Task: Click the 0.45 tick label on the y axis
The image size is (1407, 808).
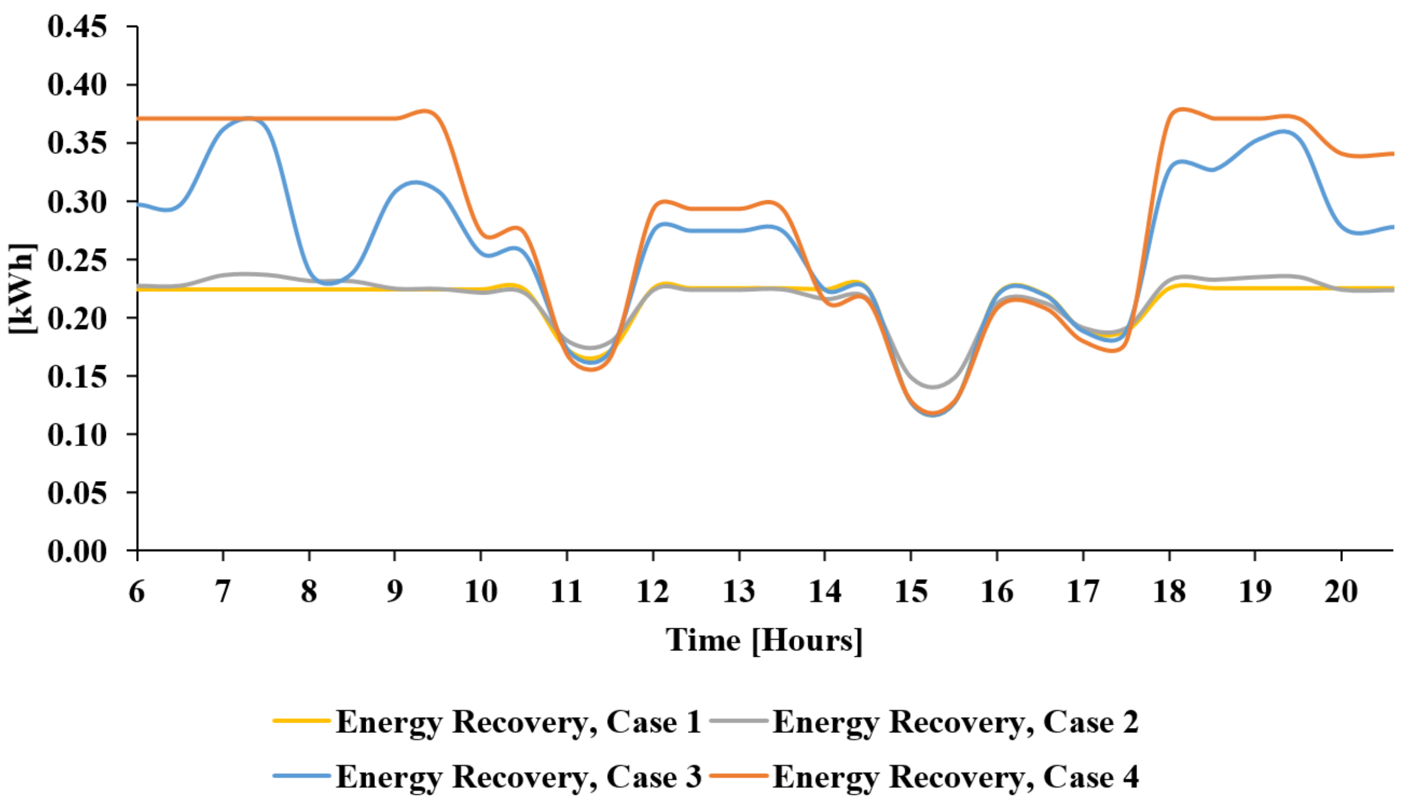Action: pos(77,26)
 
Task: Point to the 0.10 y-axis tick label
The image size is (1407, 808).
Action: pos(77,434)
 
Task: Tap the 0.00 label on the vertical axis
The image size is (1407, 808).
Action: pos(77,551)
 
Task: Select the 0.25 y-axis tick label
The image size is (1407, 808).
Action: pos(77,260)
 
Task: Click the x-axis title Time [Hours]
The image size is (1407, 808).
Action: pos(764,640)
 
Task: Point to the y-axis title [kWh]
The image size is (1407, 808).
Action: pos(22,288)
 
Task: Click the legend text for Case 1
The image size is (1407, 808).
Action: pos(518,722)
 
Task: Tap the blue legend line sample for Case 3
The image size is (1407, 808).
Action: pos(302,776)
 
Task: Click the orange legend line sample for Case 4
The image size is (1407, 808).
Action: pos(739,776)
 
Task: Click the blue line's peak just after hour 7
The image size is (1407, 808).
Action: pos(248,119)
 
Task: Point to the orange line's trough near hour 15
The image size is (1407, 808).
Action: pos(933,414)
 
